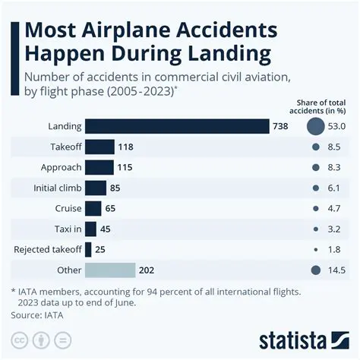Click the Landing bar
[177, 127]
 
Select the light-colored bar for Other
[109, 270]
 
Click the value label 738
[280, 127]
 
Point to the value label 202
[147, 270]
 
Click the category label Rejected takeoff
[47, 249]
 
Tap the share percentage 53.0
[336, 127]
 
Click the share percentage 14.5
[336, 270]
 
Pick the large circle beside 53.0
[314, 127]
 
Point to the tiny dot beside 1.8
[314, 249]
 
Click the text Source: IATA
[36, 314]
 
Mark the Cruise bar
[93, 208]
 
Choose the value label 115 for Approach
[125, 167]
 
